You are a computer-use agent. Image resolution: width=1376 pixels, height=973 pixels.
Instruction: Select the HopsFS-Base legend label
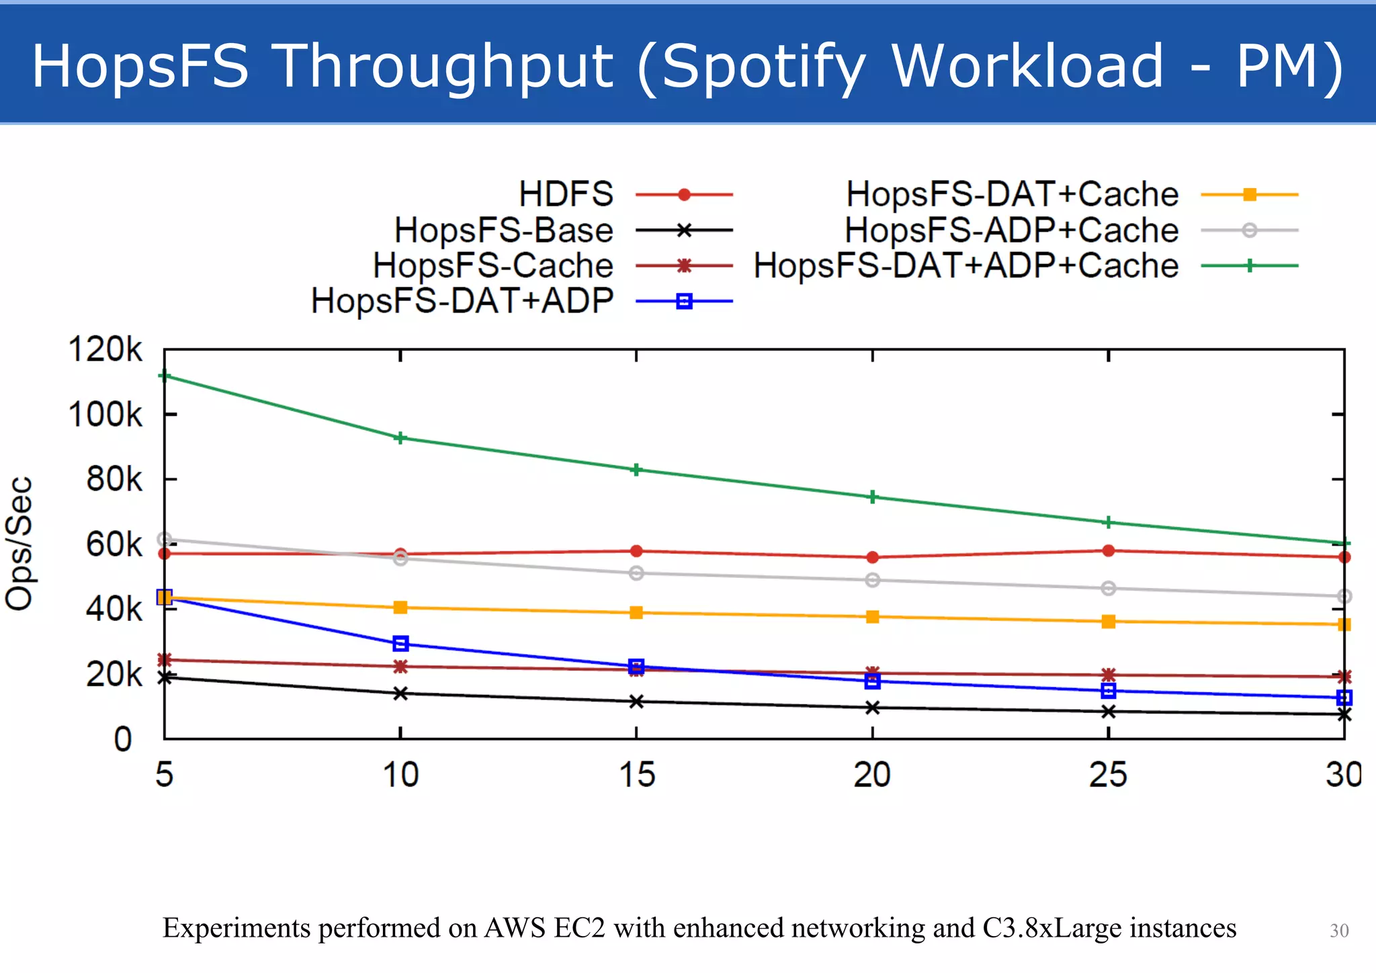click(503, 230)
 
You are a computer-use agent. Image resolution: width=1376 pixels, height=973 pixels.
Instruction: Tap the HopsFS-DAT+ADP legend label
click(462, 300)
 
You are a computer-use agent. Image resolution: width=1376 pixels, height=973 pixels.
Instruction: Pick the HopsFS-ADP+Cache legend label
click(1011, 230)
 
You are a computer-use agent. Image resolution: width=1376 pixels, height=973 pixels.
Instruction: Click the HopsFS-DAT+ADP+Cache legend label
click(965, 265)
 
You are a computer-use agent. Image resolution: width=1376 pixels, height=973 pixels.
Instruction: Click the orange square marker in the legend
click(1249, 195)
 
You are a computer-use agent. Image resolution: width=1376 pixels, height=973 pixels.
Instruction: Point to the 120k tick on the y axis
click(105, 350)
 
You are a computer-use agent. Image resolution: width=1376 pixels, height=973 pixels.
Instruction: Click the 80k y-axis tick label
click(114, 480)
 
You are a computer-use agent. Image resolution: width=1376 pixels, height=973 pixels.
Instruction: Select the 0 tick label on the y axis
click(123, 739)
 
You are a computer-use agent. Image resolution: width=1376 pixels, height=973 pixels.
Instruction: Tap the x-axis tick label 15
click(636, 775)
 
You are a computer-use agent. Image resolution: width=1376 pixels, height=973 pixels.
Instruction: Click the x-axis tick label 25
click(1108, 775)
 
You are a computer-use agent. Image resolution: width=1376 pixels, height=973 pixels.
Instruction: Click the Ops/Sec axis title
click(19, 543)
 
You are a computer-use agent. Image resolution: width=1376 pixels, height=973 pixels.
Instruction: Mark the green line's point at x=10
click(400, 438)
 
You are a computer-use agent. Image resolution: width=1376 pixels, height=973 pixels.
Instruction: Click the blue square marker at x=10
click(400, 644)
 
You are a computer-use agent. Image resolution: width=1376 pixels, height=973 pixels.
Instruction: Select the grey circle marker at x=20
click(872, 580)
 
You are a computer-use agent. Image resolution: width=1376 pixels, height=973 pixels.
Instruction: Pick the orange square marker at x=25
click(1109, 622)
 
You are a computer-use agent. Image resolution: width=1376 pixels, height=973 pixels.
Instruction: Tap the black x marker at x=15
click(636, 702)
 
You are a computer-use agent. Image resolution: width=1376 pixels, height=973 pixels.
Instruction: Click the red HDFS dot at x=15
click(636, 551)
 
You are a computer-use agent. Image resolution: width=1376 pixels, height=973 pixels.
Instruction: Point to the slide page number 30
click(1338, 931)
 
